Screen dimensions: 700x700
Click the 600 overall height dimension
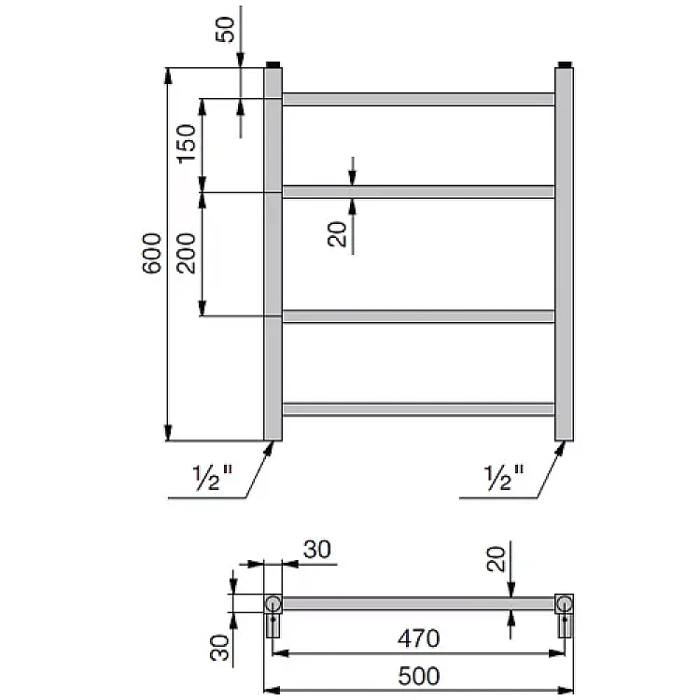pos(152,253)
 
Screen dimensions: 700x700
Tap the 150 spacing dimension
pos(186,144)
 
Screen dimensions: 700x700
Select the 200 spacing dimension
pos(186,253)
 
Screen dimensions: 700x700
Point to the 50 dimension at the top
pos(225,30)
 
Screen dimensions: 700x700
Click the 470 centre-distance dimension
pos(418,638)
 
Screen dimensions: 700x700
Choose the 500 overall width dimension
pos(419,676)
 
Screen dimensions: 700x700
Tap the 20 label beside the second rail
pos(337,234)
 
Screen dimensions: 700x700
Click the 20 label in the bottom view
pos(496,558)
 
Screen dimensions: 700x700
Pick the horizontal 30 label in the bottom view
pos(317,550)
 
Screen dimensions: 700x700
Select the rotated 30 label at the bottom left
pos(219,648)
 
